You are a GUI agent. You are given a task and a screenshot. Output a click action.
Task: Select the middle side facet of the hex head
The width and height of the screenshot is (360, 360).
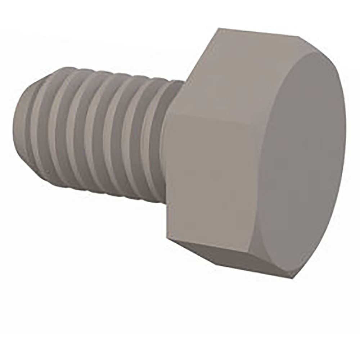212,180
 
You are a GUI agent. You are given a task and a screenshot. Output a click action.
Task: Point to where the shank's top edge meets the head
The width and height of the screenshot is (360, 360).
184,81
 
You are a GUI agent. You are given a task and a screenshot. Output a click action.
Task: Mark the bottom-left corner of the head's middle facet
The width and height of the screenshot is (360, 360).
167,238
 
